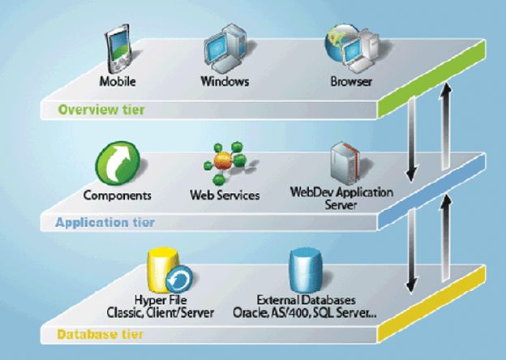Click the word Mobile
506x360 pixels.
point(118,82)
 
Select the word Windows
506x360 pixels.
point(223,82)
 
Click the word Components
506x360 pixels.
point(117,195)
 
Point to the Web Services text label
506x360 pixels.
point(225,195)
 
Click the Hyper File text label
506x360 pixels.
point(160,300)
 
